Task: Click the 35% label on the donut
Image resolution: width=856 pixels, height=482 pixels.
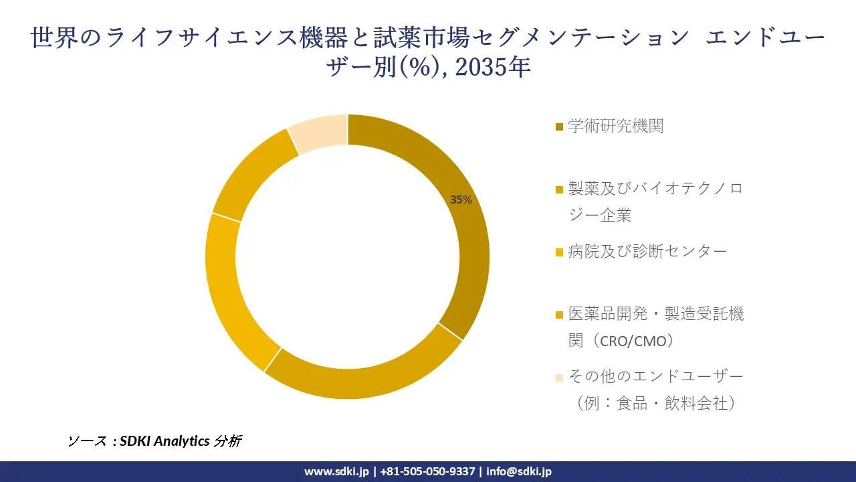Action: point(461,199)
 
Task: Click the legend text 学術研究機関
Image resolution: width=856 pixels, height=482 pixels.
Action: point(615,126)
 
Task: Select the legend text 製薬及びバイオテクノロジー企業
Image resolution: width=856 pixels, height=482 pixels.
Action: point(655,202)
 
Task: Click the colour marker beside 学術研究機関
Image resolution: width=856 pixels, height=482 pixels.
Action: point(559,127)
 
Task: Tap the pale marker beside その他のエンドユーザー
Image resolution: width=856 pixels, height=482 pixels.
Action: point(559,377)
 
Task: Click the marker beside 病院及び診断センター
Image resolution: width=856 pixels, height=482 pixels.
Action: point(559,252)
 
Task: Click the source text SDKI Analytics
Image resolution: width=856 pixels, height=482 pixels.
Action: point(165,441)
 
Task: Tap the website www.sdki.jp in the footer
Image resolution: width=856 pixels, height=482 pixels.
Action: point(336,471)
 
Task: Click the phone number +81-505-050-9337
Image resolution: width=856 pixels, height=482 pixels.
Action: point(428,471)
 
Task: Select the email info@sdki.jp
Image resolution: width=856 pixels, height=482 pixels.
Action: point(519,471)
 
